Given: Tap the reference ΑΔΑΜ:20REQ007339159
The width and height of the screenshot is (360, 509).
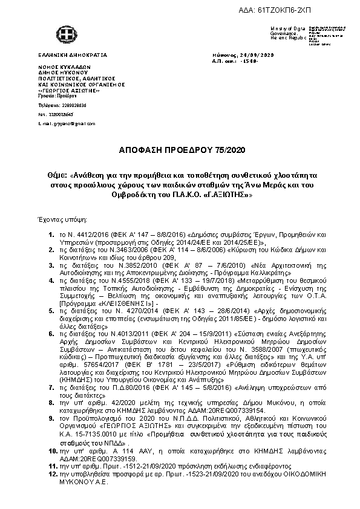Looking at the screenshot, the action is tap(89, 458).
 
